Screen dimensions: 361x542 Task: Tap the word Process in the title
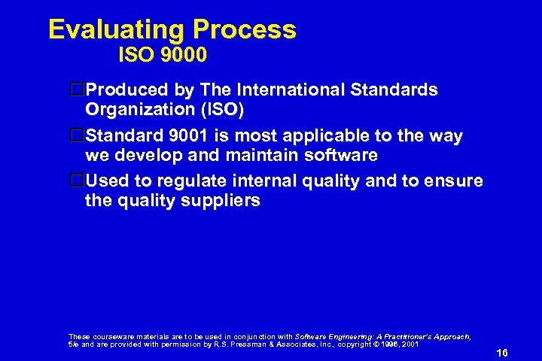pos(244,30)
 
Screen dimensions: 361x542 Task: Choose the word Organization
pos(139,109)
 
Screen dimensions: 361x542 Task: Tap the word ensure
pos(454,182)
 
